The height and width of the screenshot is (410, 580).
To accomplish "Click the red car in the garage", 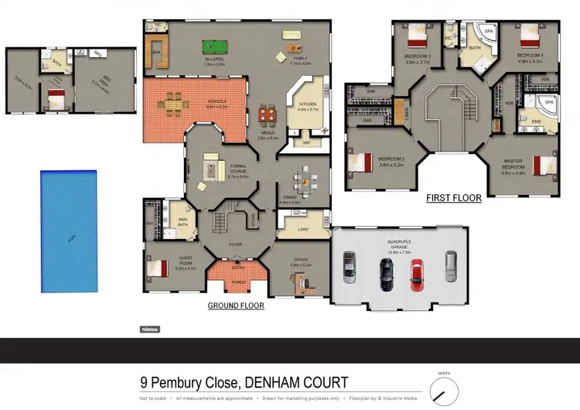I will [x=418, y=273].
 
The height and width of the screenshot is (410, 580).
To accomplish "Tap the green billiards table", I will [x=212, y=46].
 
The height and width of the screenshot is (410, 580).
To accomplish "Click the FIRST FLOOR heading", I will [x=454, y=198].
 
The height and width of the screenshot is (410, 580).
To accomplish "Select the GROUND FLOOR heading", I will [x=236, y=306].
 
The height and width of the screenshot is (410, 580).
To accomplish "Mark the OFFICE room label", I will [x=299, y=261].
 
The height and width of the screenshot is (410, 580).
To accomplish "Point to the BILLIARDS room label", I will [x=215, y=59].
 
